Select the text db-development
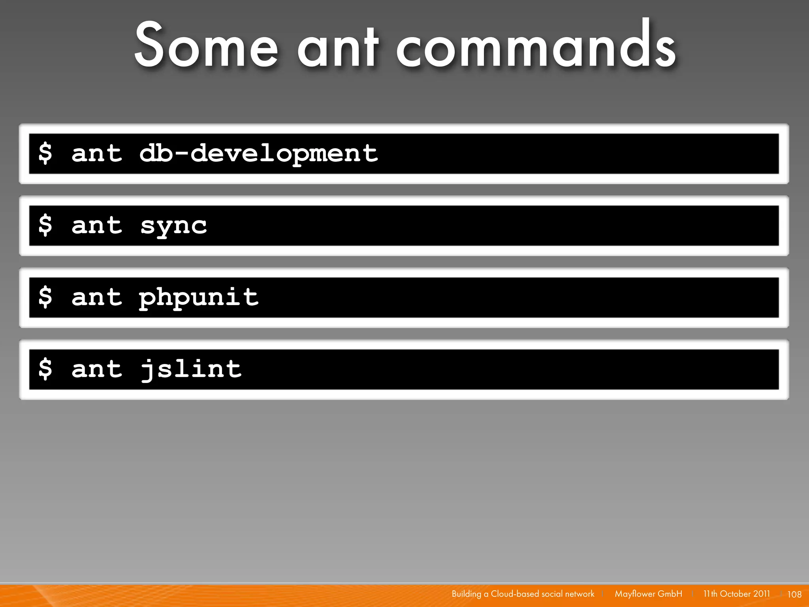click(x=259, y=154)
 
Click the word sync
click(x=173, y=226)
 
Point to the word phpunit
click(x=199, y=298)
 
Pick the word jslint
click(x=191, y=369)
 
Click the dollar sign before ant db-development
click(x=45, y=153)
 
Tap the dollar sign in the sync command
click(x=45, y=225)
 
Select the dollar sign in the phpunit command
click(x=45, y=297)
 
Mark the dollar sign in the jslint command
click(x=45, y=369)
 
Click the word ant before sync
click(x=97, y=226)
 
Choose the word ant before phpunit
click(x=97, y=298)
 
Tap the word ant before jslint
click(x=97, y=370)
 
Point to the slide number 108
click(x=794, y=594)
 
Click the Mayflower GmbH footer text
click(x=648, y=594)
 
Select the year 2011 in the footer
click(x=761, y=594)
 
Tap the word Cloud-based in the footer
click(x=515, y=594)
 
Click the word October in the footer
click(x=735, y=594)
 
